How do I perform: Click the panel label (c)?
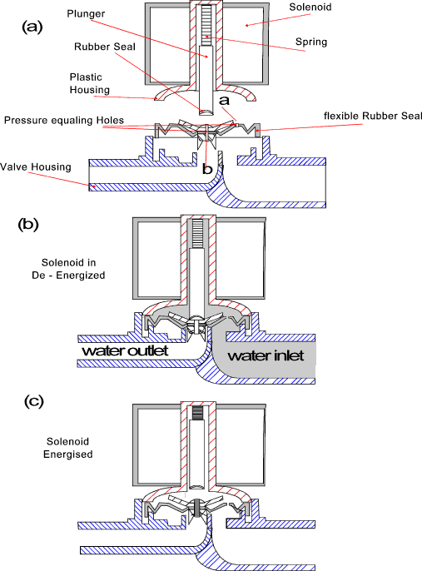32,400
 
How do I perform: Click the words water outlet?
125,350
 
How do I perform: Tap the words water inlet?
264,356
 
